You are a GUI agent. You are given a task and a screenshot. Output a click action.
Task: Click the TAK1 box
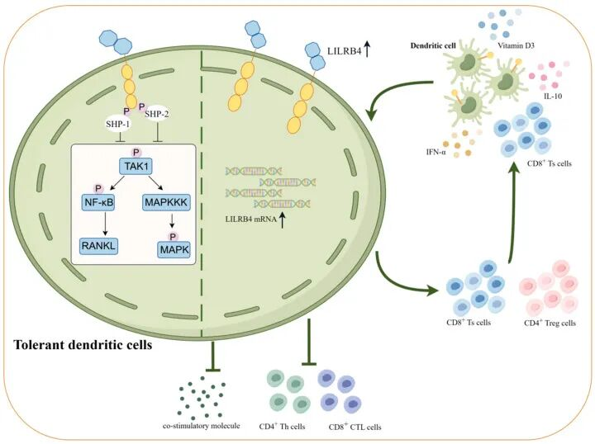pos(136,167)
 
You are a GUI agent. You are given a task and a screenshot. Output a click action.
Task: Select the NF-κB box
pos(98,202)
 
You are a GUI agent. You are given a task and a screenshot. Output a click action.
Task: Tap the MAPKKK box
pos(166,202)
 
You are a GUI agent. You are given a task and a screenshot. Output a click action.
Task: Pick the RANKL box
pos(98,246)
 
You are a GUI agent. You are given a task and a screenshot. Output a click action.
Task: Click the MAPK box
pos(174,250)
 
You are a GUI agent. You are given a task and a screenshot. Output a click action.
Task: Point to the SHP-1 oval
pos(118,124)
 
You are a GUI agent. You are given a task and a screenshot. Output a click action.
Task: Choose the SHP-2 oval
pos(157,114)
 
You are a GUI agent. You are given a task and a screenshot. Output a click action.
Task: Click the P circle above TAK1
pos(136,153)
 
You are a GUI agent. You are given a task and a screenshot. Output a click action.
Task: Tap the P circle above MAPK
pos(173,237)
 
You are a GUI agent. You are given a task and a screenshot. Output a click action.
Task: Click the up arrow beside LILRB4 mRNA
pos(282,220)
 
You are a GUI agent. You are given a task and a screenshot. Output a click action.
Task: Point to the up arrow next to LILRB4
pos(367,50)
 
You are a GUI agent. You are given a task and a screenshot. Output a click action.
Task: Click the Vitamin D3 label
pos(516,46)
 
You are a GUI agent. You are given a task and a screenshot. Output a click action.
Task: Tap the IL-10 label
pos(553,97)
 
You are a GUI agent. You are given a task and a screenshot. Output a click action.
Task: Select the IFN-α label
pos(436,153)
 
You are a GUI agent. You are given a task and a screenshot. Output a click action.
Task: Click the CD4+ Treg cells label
pos(550,323)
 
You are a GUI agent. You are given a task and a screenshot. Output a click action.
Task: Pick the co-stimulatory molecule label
pos(201,426)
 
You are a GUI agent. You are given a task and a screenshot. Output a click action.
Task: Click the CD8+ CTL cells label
pos(355,427)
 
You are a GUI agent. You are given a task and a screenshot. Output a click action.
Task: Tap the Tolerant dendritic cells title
pos(83,345)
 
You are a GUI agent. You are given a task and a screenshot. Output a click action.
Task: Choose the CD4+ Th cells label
pos(282,426)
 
